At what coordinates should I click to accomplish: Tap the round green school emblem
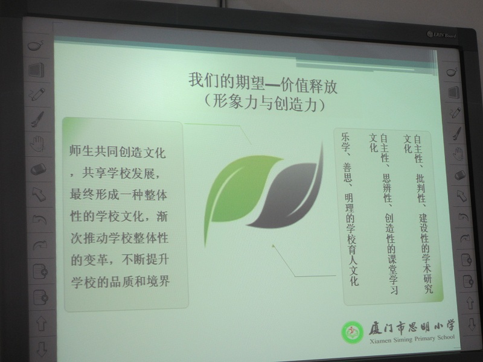(x=353, y=332)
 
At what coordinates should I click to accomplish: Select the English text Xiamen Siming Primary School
(x=412, y=339)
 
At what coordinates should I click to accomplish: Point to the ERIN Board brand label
(x=441, y=35)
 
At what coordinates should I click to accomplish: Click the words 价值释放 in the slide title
(x=309, y=86)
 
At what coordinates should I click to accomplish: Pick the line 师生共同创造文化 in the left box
(x=117, y=152)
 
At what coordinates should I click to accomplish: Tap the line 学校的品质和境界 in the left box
(x=120, y=281)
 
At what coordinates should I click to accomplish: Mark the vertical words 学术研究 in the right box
(x=426, y=268)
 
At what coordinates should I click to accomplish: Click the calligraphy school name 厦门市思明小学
(x=412, y=327)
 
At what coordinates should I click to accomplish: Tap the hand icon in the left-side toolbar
(x=37, y=144)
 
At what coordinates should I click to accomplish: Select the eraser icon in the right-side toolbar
(x=460, y=175)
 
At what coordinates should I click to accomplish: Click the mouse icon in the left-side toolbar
(x=36, y=46)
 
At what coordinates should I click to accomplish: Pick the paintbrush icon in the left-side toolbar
(x=37, y=119)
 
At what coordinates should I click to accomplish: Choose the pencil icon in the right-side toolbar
(x=455, y=113)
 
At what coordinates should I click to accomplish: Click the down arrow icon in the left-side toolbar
(x=42, y=348)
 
